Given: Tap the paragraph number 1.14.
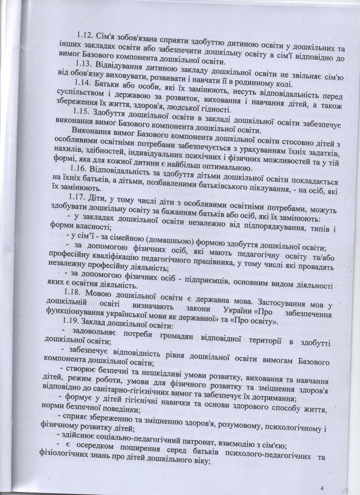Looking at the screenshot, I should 84,84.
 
